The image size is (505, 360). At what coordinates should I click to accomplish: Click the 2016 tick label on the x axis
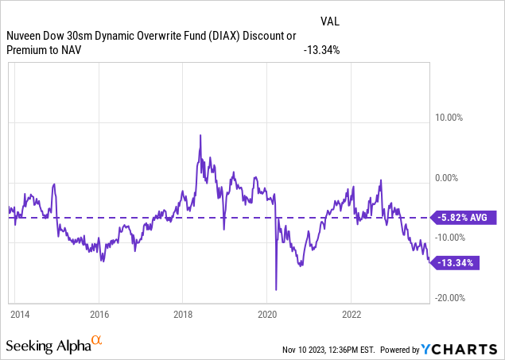tap(99, 314)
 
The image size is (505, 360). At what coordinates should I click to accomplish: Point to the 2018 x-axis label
tap(183, 314)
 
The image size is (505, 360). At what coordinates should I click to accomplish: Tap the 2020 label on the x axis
tap(267, 314)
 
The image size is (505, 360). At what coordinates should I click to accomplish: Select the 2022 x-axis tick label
tap(352, 314)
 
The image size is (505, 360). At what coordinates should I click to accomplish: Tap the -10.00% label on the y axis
tap(449, 238)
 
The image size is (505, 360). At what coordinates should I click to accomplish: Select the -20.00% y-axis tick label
tap(449, 297)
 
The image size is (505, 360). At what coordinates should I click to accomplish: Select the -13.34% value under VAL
tap(322, 49)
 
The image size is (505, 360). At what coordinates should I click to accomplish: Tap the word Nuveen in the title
tap(25, 37)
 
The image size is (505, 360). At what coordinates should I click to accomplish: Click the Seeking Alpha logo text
tap(48, 346)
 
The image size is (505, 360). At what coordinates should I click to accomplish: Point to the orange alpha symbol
tap(96, 341)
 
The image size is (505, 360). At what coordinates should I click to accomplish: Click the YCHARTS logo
tap(464, 349)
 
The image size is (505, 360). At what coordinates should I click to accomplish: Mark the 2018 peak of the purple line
tap(200, 136)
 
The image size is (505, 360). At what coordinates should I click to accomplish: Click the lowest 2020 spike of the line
tap(275, 290)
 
